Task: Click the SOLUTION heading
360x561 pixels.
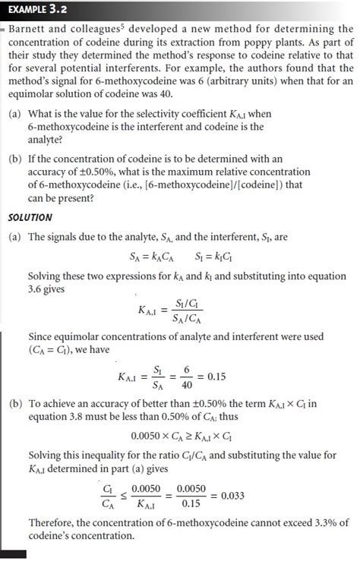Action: pos(30,217)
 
